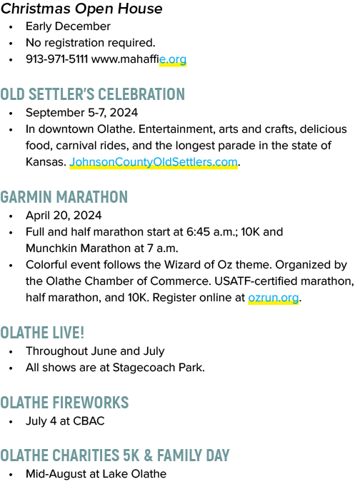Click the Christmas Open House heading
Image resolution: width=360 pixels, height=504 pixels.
click(x=81, y=9)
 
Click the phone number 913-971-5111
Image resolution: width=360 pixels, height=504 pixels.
click(x=56, y=59)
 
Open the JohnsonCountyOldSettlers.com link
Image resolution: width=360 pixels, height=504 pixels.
click(x=154, y=162)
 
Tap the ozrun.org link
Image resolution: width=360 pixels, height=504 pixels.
click(x=274, y=298)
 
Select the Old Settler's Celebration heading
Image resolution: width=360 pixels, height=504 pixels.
click(x=93, y=94)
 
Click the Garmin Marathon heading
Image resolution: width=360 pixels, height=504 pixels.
click(x=64, y=197)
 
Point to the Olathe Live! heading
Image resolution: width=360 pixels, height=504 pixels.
click(x=42, y=333)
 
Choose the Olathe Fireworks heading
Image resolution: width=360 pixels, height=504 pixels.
click(x=64, y=403)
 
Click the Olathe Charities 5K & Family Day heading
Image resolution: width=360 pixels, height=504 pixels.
click(x=115, y=455)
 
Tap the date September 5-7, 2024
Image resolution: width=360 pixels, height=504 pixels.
click(x=81, y=113)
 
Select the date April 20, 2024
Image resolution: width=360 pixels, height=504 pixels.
click(x=64, y=216)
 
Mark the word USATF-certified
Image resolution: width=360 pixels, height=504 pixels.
click(x=256, y=281)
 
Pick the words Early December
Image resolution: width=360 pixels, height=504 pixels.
click(x=68, y=26)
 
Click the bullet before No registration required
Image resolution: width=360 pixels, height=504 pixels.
click(x=11, y=43)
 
